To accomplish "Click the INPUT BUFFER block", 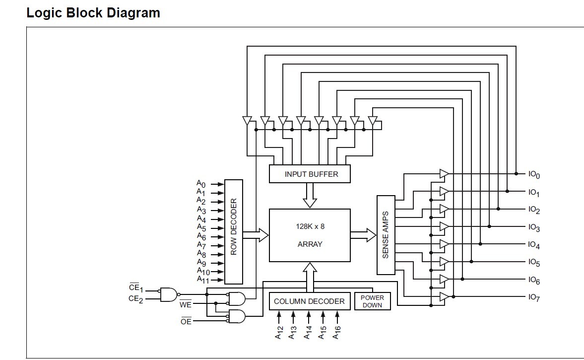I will pyautogui.click(x=310, y=174).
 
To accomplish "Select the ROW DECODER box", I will pyautogui.click(x=234, y=231).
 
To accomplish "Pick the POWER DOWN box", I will pyautogui.click(x=372, y=301).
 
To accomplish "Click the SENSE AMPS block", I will pyautogui.click(x=386, y=235).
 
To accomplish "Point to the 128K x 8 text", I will pyautogui.click(x=310, y=226).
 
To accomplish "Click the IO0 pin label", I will pyautogui.click(x=534, y=174).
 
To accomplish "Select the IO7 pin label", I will pyautogui.click(x=534, y=297).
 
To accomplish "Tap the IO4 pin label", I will pyautogui.click(x=534, y=245).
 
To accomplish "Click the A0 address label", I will pyautogui.click(x=201, y=184).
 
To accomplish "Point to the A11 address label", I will pyautogui.click(x=203, y=280).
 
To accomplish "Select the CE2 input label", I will pyautogui.click(x=135, y=298).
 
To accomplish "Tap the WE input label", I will pyautogui.click(x=186, y=304).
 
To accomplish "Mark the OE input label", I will pyautogui.click(x=186, y=321).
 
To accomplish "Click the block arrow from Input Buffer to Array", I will pyautogui.click(x=310, y=195).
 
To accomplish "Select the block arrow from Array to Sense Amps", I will pyautogui.click(x=363, y=235).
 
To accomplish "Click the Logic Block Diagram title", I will pyautogui.click(x=93, y=13).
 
